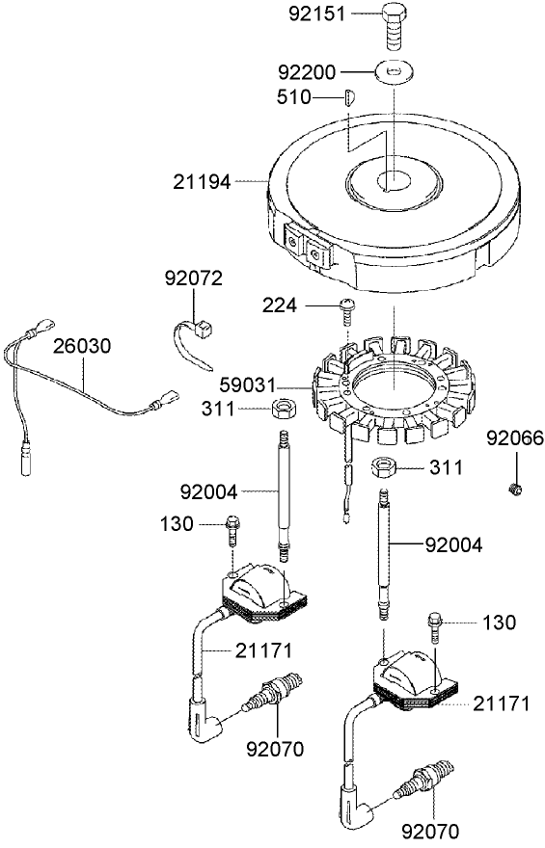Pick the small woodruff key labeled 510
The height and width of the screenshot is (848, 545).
(351, 97)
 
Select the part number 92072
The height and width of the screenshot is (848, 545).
(193, 278)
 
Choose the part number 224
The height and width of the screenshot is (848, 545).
(279, 305)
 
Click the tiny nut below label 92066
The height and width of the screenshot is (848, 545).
(515, 489)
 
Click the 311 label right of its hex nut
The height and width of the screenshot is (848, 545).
(445, 467)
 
